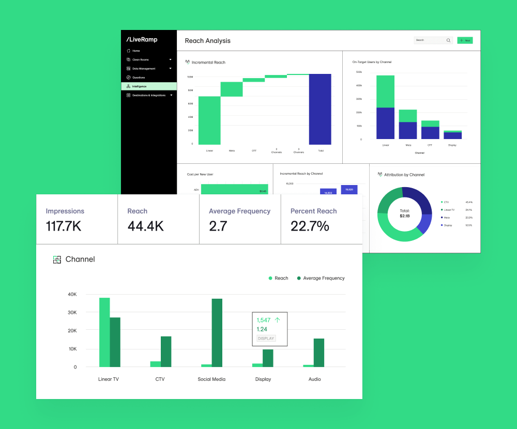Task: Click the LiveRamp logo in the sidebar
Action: (142, 40)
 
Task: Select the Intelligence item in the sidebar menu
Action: (140, 86)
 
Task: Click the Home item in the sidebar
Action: (136, 51)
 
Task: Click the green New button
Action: (465, 40)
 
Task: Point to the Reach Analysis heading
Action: (208, 41)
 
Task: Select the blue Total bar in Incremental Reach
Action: (320, 109)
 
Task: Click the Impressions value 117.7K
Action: (64, 226)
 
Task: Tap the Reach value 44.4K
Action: (145, 226)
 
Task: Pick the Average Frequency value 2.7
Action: (218, 226)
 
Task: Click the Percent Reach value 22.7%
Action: (310, 226)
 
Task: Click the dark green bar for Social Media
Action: (217, 333)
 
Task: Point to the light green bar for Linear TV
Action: (104, 332)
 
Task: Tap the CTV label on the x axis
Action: (160, 379)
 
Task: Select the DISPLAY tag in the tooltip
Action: (266, 339)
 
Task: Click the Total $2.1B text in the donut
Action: (404, 213)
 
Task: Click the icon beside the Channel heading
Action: (57, 259)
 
